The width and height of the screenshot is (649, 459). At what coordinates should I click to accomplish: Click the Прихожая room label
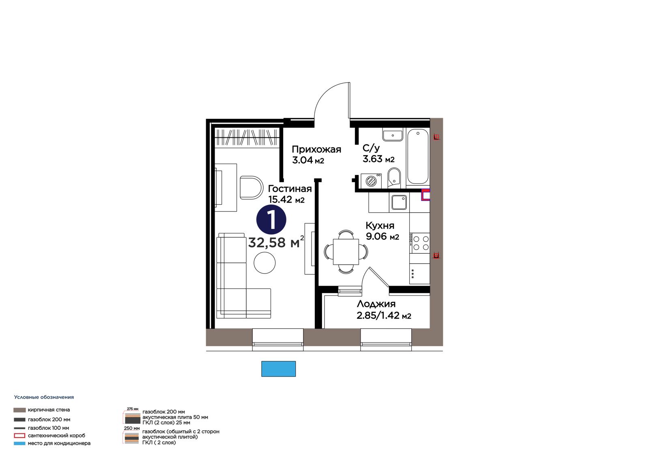(x=316, y=149)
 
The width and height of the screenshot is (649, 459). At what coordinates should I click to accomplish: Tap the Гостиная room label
(x=290, y=189)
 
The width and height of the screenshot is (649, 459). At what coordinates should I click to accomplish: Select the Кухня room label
(x=380, y=226)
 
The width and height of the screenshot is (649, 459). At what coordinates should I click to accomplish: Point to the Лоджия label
(x=376, y=304)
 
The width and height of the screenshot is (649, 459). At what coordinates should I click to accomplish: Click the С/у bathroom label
(x=371, y=149)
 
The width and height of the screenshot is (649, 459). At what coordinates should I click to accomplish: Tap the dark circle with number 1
(x=271, y=220)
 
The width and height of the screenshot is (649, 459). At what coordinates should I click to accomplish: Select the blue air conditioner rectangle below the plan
(x=278, y=369)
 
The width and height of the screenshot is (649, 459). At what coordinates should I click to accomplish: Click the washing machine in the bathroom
(x=371, y=181)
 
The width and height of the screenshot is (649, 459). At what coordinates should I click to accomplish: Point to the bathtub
(x=417, y=157)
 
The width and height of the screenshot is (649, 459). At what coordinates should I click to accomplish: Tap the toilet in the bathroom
(x=394, y=178)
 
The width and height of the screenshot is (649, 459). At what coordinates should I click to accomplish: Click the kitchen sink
(x=399, y=202)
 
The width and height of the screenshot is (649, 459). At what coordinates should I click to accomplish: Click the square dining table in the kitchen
(x=346, y=252)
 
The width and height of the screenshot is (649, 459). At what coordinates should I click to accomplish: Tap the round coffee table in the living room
(x=264, y=263)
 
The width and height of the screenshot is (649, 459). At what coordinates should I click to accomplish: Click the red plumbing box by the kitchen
(x=426, y=195)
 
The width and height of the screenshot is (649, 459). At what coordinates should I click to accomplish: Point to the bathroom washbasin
(x=393, y=136)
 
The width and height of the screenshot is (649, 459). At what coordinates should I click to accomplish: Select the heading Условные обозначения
(x=44, y=397)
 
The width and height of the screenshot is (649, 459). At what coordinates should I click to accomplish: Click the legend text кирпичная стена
(x=49, y=410)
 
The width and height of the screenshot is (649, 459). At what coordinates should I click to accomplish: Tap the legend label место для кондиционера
(x=59, y=443)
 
